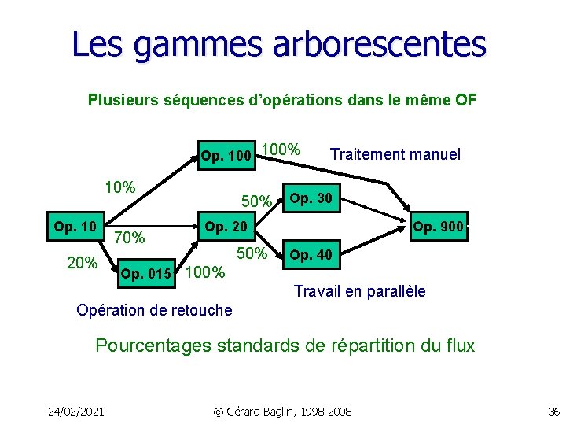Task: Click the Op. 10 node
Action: tap(75, 227)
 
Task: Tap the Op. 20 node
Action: tap(226, 227)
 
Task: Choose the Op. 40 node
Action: tap(311, 255)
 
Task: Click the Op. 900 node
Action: tap(439, 227)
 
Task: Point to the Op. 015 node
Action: tap(145, 274)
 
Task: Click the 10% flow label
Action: tap(120, 188)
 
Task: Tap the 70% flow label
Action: tap(129, 237)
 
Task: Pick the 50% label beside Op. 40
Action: tap(252, 253)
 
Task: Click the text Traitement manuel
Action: tap(395, 154)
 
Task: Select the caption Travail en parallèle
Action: tap(359, 291)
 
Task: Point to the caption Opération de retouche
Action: tap(154, 310)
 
